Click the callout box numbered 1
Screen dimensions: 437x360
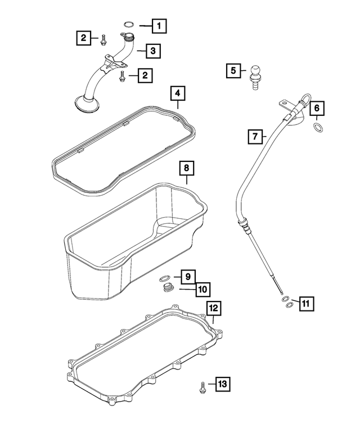pyautogui.click(x=159, y=25)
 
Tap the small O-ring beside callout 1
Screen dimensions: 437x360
pyautogui.click(x=129, y=25)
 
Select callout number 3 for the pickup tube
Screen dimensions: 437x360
pyautogui.click(x=153, y=51)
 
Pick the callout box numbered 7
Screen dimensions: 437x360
pyautogui.click(x=255, y=136)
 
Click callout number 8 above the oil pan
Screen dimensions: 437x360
pyautogui.click(x=186, y=168)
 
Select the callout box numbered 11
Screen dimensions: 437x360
pyautogui.click(x=305, y=304)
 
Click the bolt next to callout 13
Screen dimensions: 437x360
pyautogui.click(x=201, y=386)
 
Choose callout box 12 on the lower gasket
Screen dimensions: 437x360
pyautogui.click(x=214, y=308)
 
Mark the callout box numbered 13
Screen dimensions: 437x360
pyautogui.click(x=222, y=384)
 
